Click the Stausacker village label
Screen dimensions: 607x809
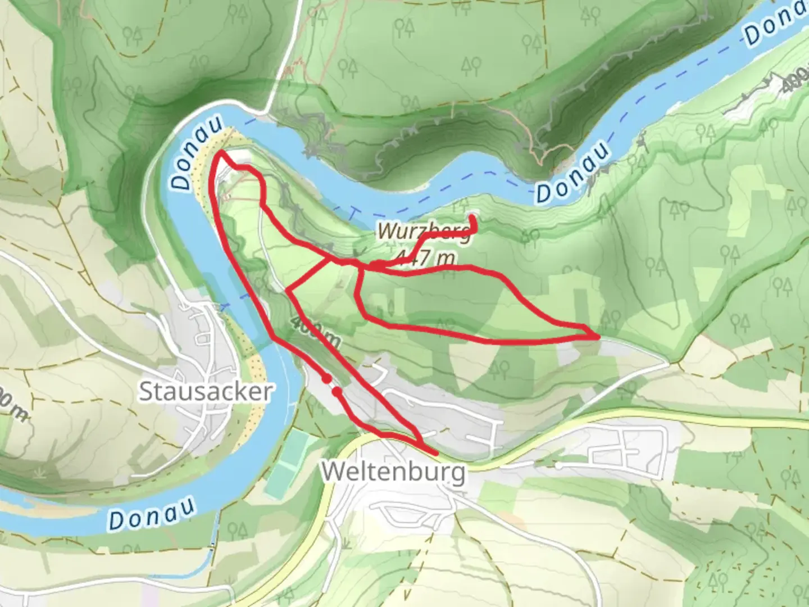point(206,391)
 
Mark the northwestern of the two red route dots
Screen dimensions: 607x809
point(326,379)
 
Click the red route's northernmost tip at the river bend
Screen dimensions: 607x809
point(222,152)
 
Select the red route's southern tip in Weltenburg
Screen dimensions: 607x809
point(435,453)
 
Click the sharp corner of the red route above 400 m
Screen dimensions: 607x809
point(288,291)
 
